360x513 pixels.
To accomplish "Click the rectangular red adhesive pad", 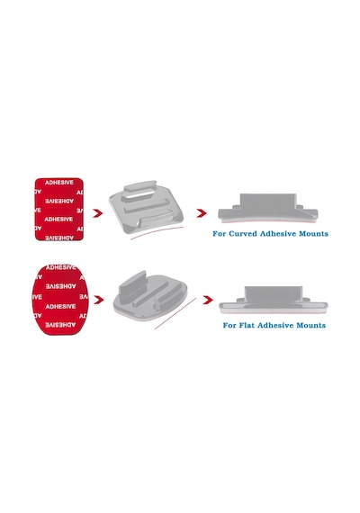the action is tap(59, 210).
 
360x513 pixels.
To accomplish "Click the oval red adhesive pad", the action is tap(60, 300).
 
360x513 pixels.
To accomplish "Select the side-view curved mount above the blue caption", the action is tap(267, 208).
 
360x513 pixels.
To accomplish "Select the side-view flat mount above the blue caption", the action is tap(274, 300).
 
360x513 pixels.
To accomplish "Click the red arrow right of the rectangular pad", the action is tap(97, 213).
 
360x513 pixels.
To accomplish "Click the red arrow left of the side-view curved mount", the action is tap(202, 213).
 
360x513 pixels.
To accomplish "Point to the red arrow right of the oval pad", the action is tap(98, 300).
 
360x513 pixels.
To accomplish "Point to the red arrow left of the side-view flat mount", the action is tap(208, 300).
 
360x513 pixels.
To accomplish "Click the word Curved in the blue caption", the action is tap(243, 234).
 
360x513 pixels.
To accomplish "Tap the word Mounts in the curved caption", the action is tap(313, 234).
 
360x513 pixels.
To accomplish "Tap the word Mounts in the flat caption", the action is tap(310, 325).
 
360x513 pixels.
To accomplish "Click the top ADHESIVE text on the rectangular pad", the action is tap(59, 183).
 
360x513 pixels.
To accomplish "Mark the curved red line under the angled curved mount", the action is tap(157, 232).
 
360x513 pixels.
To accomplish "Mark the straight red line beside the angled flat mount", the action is tap(175, 313).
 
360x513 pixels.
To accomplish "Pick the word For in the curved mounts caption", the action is tap(220, 234).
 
